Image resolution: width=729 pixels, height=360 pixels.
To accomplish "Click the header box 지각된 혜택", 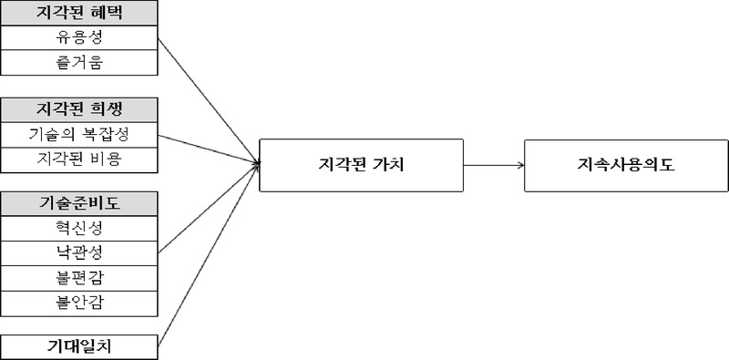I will pyautogui.click(x=80, y=14).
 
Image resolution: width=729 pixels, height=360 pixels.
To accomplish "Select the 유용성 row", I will pyautogui.click(x=80, y=38).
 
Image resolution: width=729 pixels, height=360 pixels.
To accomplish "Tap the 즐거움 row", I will pyautogui.click(x=80, y=63).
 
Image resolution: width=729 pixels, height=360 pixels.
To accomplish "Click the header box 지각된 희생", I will pyautogui.click(x=80, y=110).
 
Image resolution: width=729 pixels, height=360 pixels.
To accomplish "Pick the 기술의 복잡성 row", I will pyautogui.click(x=80, y=135).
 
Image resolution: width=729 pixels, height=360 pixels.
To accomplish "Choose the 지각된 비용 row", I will pyautogui.click(x=80, y=159).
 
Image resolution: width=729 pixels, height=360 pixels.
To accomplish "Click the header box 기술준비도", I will pyautogui.click(x=80, y=202).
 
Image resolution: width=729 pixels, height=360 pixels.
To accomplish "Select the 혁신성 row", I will pyautogui.click(x=80, y=227).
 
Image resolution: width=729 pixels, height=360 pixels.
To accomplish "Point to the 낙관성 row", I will pyautogui.click(x=80, y=252).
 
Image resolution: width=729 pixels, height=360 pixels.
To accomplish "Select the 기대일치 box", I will pyautogui.click(x=80, y=346).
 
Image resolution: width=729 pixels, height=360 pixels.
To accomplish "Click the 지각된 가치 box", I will pyautogui.click(x=361, y=166).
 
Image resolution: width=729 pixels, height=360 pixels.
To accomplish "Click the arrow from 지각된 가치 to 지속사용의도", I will pyautogui.click(x=492, y=166).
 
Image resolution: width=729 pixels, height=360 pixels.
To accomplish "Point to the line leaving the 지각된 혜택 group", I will pyautogui.click(x=210, y=101).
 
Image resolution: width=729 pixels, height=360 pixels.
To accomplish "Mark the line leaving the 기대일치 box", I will pyautogui.click(x=210, y=255).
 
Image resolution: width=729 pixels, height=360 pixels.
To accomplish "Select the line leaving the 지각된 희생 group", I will pyautogui.click(x=210, y=149).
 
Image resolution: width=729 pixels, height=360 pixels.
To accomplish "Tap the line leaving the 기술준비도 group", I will pyautogui.click(x=210, y=209).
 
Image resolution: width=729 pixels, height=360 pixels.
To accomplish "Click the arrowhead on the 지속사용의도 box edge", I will pyautogui.click(x=520, y=166).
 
